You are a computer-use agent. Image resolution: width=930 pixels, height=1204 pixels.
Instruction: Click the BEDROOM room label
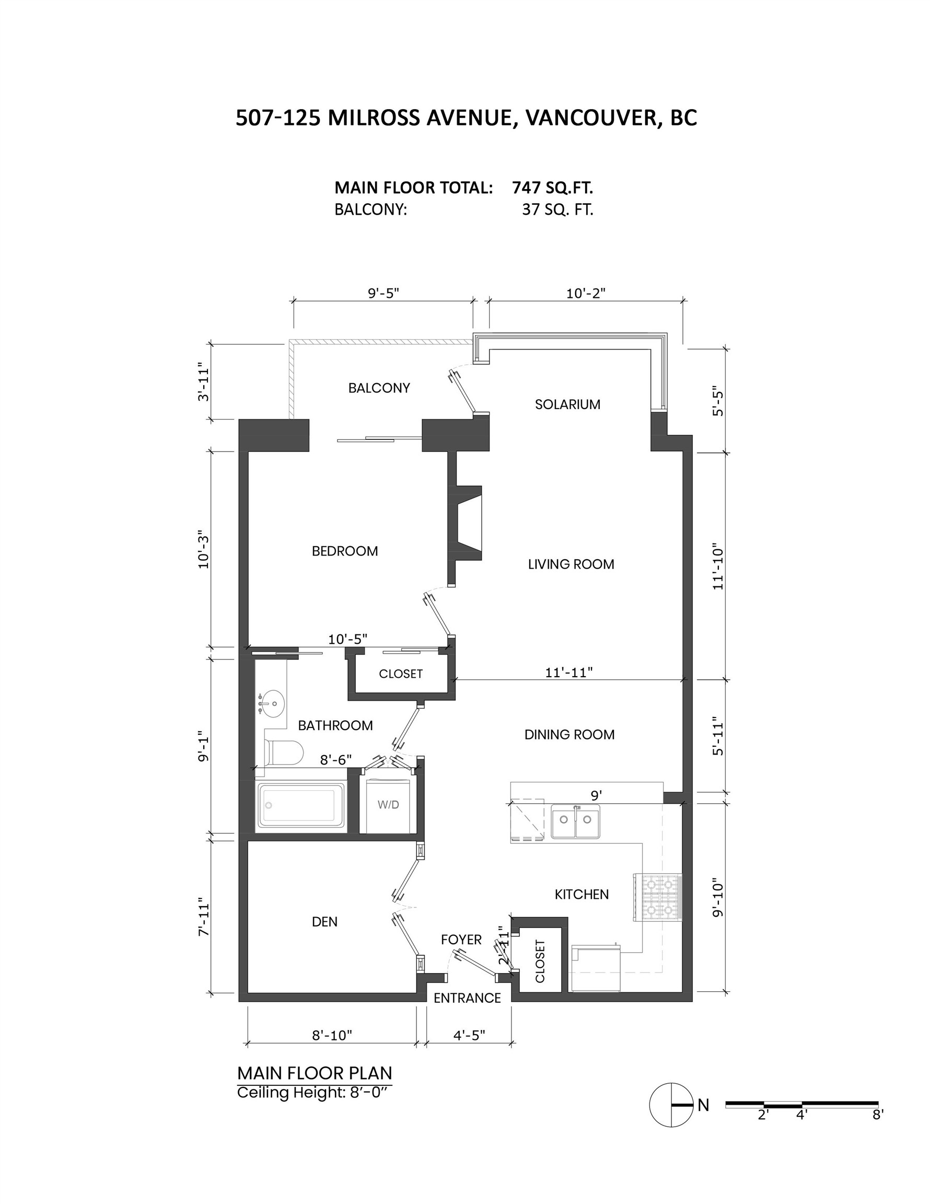[x=344, y=551]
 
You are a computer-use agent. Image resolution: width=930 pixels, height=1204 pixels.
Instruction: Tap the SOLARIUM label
[x=567, y=404]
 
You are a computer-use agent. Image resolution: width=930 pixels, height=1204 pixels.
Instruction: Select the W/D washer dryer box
[x=388, y=805]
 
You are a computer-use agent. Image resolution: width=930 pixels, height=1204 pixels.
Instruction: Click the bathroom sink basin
[x=272, y=704]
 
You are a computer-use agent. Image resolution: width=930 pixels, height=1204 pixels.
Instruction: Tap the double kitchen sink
[x=576, y=820]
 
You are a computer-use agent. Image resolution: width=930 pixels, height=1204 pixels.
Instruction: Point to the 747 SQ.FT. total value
[x=552, y=188]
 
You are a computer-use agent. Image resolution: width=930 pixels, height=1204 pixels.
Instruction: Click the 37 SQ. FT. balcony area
[x=557, y=210]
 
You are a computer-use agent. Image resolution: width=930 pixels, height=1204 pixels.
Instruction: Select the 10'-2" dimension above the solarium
[x=586, y=293]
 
